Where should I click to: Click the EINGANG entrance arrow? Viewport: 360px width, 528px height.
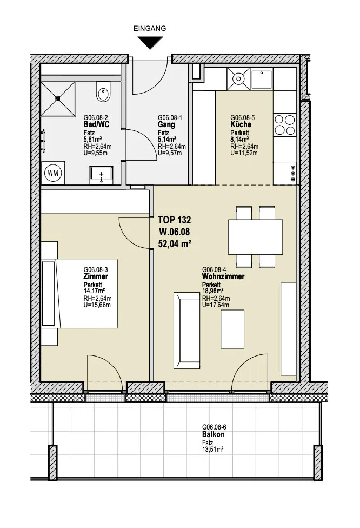pos(150,43)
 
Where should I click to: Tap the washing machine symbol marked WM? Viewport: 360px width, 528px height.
pos(53,173)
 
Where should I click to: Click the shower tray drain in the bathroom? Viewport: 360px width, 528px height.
pos(58,98)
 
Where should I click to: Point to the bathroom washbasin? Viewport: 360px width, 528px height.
pos(101,175)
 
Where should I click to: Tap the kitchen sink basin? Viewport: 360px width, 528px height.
pos(262,79)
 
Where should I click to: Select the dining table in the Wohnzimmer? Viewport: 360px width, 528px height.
pos(255,237)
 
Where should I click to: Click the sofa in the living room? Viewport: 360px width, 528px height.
pos(186,331)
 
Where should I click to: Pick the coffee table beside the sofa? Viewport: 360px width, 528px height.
pos(232,329)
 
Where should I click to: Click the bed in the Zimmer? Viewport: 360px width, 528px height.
pos(79,293)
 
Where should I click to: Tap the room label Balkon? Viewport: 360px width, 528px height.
pos(214,434)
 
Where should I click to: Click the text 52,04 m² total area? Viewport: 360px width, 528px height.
pos(175,243)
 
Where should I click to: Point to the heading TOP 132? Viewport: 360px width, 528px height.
pos(174,220)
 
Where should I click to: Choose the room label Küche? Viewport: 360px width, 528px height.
pos(241,124)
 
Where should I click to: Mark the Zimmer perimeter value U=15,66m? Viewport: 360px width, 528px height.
pos(97,305)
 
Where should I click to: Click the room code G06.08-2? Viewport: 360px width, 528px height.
pos(96,118)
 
